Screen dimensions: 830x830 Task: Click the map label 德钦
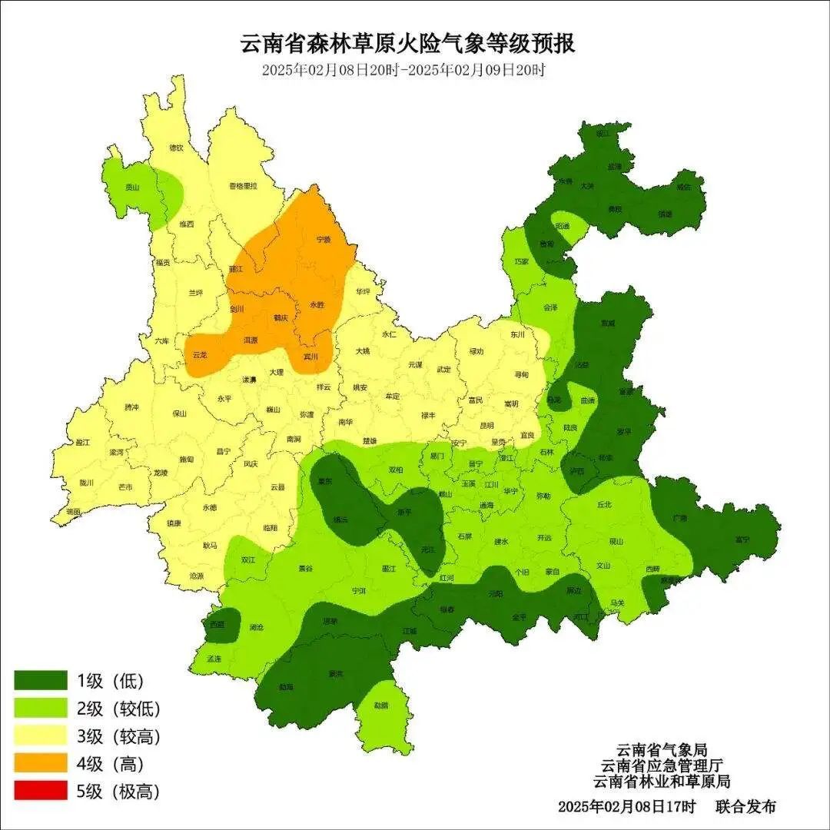pos(176,148)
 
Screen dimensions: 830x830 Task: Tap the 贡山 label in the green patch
pos(133,187)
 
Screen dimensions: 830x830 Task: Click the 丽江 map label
pos(236,270)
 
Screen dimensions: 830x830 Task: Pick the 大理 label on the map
pos(276,372)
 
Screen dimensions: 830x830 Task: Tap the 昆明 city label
pos(486,425)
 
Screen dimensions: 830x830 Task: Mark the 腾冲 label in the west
pos(132,407)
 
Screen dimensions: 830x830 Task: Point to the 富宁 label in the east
pos(742,539)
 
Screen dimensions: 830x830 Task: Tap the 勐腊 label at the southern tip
pos(381,705)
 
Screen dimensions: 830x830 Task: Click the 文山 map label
pos(603,566)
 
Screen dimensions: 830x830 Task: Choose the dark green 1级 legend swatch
pos(40,680)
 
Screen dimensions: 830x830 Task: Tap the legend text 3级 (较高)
pos(118,736)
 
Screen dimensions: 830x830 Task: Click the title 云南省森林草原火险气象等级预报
pos(408,43)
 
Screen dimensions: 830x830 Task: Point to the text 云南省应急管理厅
pos(662,765)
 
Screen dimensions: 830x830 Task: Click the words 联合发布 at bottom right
pos(745,807)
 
